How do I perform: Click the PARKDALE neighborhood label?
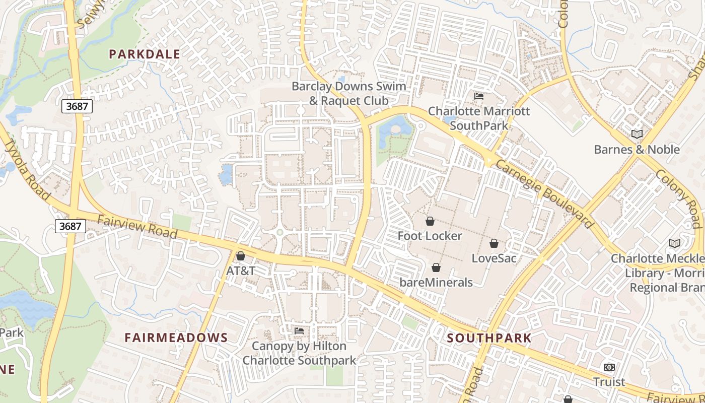coord(145,54)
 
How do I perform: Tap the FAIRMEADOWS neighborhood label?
coord(176,338)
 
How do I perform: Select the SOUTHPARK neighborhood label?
coord(489,338)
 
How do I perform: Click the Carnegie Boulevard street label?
coord(544,194)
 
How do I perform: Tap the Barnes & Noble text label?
coord(637,150)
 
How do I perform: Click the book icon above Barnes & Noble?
coord(637,134)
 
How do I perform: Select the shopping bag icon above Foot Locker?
coord(430,221)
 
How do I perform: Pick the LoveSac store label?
coord(494,258)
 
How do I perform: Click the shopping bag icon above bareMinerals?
coord(436,267)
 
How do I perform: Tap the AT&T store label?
coord(241,271)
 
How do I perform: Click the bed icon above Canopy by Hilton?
coord(299,331)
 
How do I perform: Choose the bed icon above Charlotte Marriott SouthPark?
coord(479,96)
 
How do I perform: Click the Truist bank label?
coord(609,382)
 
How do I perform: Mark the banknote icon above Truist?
coord(609,367)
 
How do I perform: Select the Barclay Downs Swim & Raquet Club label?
coord(348,93)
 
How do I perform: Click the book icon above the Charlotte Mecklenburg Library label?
coord(675,243)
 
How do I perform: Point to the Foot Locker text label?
coord(430,236)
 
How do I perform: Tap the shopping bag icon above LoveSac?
coord(494,243)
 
